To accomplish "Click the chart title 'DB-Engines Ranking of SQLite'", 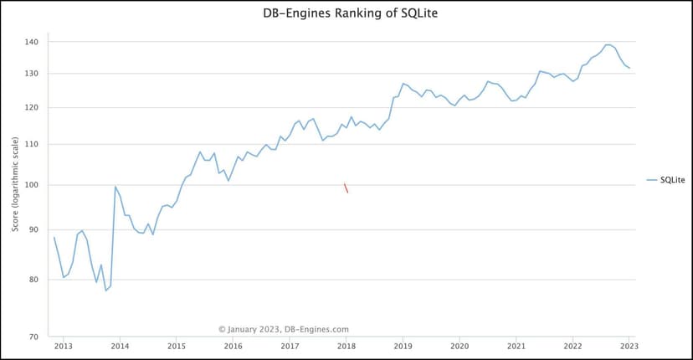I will (x=346, y=14).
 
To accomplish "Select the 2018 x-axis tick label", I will (x=346, y=345).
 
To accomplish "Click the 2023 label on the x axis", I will (x=629, y=345).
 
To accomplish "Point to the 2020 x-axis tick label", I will (x=459, y=345).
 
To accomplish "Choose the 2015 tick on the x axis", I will (x=177, y=345).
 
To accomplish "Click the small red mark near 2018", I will (x=346, y=188).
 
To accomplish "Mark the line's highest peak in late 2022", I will (x=608, y=44).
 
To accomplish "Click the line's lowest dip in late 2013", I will (x=106, y=291).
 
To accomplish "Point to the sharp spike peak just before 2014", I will (x=116, y=187).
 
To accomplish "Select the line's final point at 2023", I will (x=629, y=68).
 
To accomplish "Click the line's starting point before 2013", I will (x=54, y=238).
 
